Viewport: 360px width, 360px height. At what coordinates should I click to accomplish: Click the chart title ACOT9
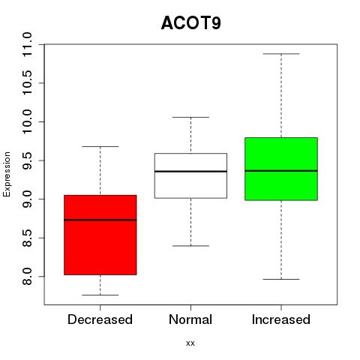click(x=191, y=23)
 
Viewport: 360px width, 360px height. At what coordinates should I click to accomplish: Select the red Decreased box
click(x=100, y=235)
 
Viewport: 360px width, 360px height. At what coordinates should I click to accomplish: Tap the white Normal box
click(x=190, y=175)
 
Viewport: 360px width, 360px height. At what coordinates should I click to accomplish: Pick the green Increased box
click(x=281, y=169)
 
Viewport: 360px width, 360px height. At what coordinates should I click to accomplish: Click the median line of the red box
click(x=100, y=220)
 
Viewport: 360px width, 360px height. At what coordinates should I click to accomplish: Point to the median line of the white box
click(x=190, y=172)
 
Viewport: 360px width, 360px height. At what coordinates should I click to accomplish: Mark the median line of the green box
click(x=281, y=171)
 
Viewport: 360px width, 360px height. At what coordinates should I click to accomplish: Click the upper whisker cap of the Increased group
click(x=281, y=54)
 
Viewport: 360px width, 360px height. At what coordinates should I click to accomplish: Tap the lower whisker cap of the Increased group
click(x=281, y=279)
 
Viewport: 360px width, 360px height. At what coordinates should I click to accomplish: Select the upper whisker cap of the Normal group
click(x=190, y=117)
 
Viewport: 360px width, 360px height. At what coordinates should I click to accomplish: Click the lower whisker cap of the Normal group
click(x=190, y=246)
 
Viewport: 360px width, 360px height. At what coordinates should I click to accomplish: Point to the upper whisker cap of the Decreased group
click(x=100, y=146)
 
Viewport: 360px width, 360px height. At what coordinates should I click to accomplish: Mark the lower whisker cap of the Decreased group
click(x=100, y=295)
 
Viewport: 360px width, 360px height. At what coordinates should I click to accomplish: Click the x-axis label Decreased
click(x=100, y=319)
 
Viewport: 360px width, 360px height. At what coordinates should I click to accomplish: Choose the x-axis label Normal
click(x=190, y=319)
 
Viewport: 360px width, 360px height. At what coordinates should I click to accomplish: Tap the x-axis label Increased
click(x=281, y=319)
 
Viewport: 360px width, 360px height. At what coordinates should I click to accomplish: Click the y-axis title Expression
click(x=7, y=174)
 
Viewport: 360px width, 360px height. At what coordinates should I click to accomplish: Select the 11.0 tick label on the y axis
click(x=27, y=44)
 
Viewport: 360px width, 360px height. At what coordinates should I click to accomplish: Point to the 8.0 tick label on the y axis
click(x=27, y=277)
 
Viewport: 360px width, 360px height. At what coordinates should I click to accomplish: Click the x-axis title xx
click(x=190, y=343)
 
